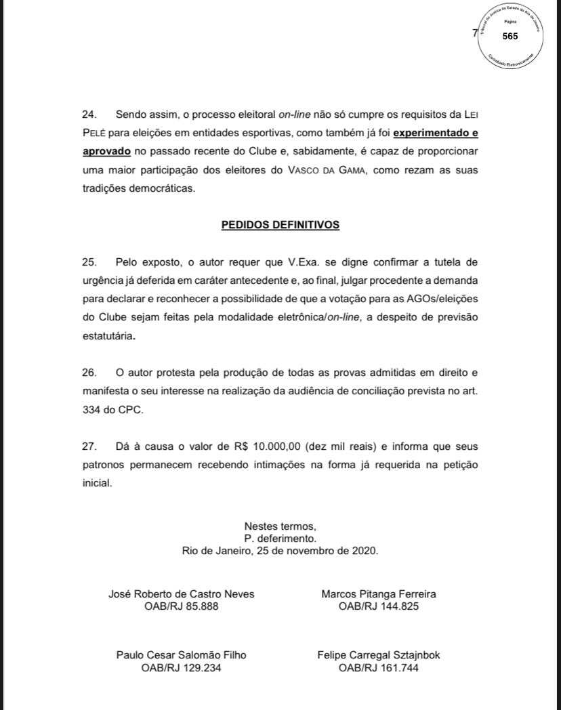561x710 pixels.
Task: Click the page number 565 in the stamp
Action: (510, 36)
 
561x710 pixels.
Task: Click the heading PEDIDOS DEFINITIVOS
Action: (280, 225)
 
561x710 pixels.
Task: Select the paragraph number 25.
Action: (89, 262)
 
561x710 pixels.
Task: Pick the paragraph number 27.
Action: (89, 447)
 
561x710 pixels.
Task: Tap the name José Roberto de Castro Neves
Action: (182, 594)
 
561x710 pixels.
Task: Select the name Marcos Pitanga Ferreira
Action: (379, 594)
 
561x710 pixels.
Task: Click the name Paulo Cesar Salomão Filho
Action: (182, 655)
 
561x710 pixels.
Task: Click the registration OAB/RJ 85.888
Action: (182, 606)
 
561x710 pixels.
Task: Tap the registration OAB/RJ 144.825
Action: (379, 606)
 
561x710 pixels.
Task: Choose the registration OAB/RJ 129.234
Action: (182, 667)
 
